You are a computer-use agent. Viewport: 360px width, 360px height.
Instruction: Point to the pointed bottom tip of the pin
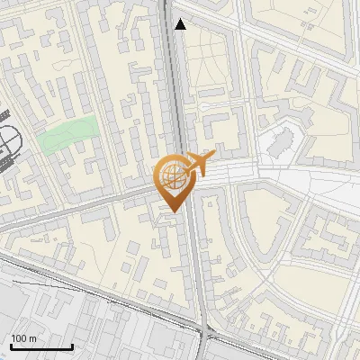coord(173,211)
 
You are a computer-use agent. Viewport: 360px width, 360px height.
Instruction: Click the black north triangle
coord(181,24)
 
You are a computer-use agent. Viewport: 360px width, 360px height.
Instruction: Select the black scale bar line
coord(41,347)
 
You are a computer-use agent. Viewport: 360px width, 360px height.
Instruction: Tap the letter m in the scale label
coord(32,338)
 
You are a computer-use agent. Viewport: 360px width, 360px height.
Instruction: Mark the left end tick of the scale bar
coord(11,346)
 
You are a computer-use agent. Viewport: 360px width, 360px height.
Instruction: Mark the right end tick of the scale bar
coord(72,346)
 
